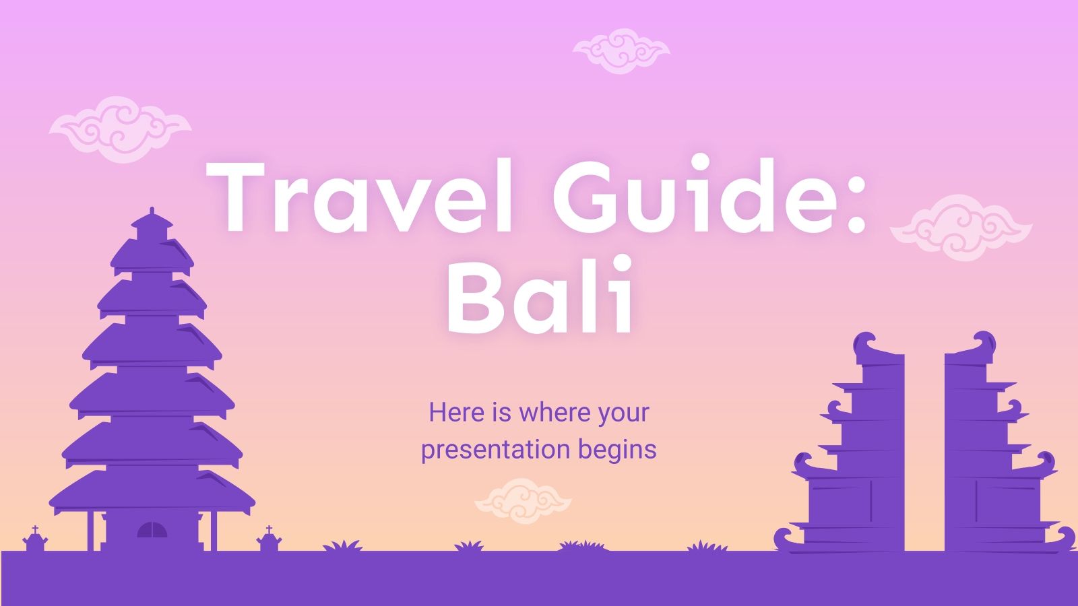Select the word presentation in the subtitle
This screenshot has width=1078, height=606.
click(496, 449)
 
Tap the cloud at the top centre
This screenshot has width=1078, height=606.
click(621, 50)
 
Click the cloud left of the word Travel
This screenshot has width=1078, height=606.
click(120, 129)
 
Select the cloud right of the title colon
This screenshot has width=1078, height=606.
click(961, 228)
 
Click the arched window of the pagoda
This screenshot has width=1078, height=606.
click(152, 530)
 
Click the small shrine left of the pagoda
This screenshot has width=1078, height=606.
click(34, 540)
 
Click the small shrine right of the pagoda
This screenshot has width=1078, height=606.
click(268, 540)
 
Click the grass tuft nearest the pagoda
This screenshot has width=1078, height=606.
click(342, 546)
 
